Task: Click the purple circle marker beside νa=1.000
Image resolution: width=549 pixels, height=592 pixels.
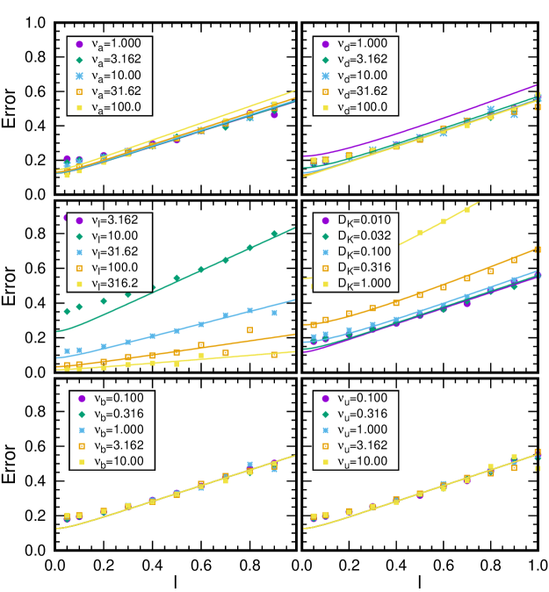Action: [80, 44]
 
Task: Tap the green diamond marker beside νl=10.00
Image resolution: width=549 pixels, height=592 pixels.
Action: [80, 236]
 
